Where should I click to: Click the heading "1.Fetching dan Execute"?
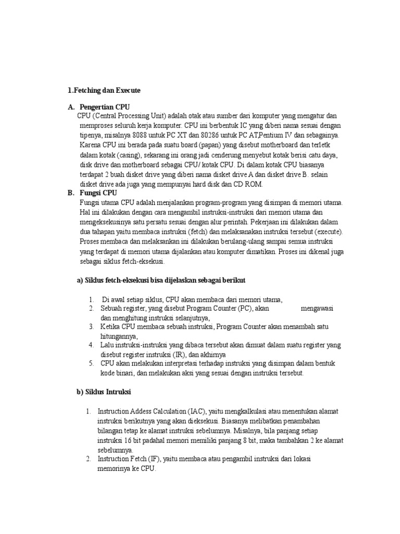coord(104,90)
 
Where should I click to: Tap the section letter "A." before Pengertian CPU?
coord(71,107)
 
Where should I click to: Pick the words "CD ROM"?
coord(250,184)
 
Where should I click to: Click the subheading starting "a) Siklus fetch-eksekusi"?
coord(161,281)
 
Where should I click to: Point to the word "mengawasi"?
coord(317,309)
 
